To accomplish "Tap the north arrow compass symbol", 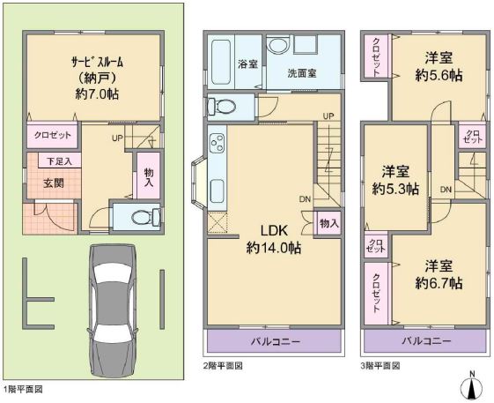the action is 472,386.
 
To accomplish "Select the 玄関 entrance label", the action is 54,183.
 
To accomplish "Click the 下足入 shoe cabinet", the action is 60,161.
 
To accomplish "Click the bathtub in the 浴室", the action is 221,63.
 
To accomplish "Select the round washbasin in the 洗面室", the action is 276,44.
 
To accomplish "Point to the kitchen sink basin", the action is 218,190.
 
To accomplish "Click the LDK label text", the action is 274,231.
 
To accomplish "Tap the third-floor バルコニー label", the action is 426,340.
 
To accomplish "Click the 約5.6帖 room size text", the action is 439,76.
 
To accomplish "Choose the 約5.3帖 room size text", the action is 395,190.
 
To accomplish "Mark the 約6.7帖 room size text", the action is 439,283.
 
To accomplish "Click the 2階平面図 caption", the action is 223,366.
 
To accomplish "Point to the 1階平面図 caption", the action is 23,389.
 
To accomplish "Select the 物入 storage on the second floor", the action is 329,223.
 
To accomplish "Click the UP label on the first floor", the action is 117,138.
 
